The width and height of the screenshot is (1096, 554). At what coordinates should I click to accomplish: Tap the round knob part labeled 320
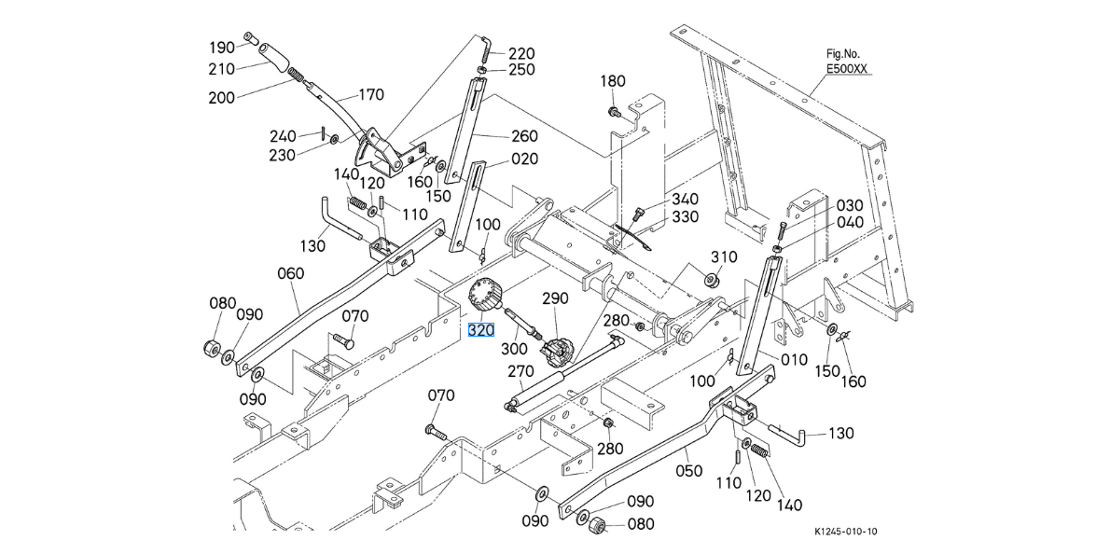(486, 298)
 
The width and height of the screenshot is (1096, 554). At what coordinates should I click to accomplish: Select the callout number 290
(555, 298)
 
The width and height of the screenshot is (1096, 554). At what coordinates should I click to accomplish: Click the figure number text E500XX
(847, 69)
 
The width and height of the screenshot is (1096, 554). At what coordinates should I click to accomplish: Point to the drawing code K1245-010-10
(845, 532)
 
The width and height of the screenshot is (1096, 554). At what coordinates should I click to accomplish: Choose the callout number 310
(724, 257)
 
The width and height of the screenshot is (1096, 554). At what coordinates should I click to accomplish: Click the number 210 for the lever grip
(221, 69)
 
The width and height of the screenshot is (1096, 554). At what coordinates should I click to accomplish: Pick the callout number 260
(524, 135)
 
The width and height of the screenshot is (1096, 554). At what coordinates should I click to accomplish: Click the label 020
(524, 159)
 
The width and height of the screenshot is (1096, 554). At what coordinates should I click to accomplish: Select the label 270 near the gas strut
(520, 371)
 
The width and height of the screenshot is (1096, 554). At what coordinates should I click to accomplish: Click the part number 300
(515, 348)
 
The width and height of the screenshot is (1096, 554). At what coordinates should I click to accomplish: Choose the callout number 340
(685, 199)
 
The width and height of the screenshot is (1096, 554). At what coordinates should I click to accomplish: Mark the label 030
(850, 205)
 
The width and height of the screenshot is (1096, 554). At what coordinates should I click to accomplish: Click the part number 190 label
(221, 48)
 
